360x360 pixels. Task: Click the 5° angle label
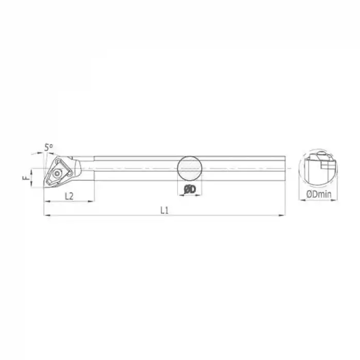coord(49,148)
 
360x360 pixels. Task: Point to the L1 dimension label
coord(165,209)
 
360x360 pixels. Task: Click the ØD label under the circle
coord(190,190)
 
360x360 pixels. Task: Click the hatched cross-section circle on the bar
coord(190,168)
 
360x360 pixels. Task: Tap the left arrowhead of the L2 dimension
coord(48,201)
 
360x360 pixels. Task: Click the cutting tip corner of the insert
coord(45,186)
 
